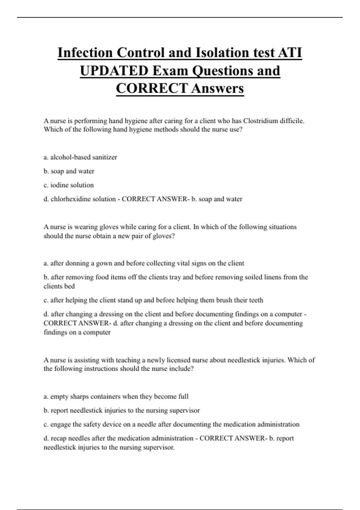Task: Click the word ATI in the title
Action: (290, 53)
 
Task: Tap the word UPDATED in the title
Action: (114, 71)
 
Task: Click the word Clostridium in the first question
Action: (260, 121)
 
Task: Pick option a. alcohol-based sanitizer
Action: (80, 157)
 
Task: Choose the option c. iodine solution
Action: (69, 185)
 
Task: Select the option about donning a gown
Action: (144, 263)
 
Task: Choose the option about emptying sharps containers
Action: (116, 396)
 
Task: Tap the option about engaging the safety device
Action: (171, 424)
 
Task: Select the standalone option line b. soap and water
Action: (69, 171)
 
